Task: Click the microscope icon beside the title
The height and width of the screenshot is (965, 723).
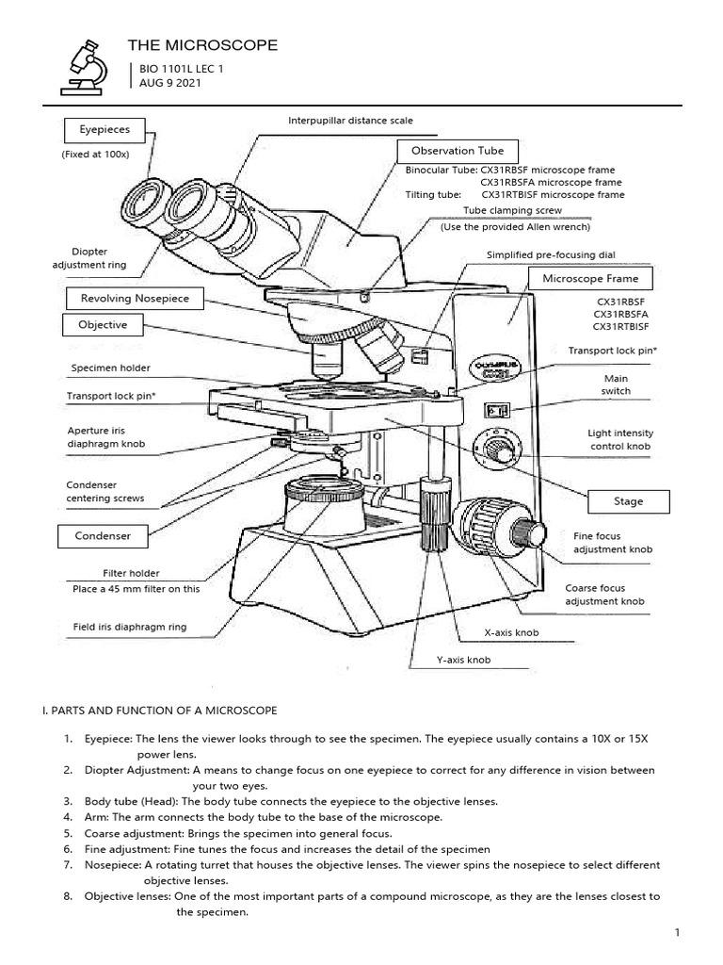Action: (83, 66)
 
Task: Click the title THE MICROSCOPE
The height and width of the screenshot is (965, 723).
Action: (202, 45)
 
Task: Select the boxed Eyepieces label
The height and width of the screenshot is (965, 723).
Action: (104, 129)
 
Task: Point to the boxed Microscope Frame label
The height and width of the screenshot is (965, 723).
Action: (590, 279)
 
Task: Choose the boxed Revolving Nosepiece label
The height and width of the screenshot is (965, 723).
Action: (135, 299)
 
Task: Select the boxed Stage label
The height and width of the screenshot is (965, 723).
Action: (628, 501)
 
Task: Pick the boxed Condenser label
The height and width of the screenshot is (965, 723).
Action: (103, 536)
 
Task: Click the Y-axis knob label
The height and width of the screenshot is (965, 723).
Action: (463, 661)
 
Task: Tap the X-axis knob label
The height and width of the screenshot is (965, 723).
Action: (511, 633)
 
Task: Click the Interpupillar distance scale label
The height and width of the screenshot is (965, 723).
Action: (350, 121)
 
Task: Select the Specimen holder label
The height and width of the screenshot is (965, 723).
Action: (110, 368)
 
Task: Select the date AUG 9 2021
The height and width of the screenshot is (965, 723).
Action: (169, 83)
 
